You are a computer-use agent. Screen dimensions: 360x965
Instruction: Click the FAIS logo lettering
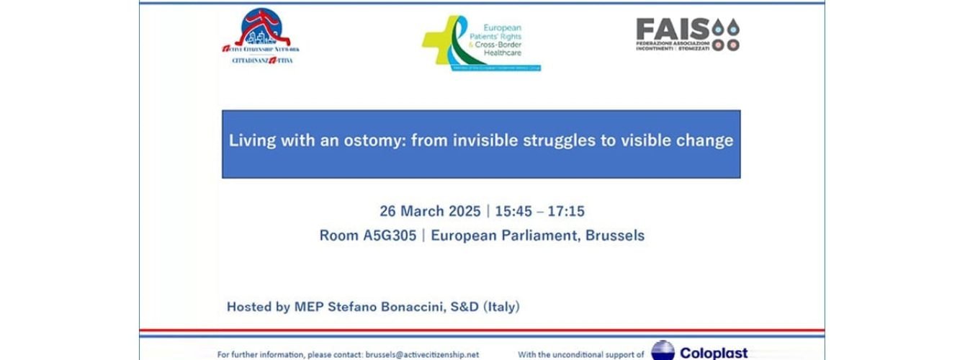pyautogui.click(x=673, y=30)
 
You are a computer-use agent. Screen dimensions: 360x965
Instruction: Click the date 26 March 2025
pyautogui.click(x=430, y=212)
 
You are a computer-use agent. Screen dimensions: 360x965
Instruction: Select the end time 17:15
pyautogui.click(x=565, y=212)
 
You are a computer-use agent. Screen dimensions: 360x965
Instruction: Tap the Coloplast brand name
pyautogui.click(x=714, y=353)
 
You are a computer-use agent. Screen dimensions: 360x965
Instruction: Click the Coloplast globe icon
pyautogui.click(x=663, y=351)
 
